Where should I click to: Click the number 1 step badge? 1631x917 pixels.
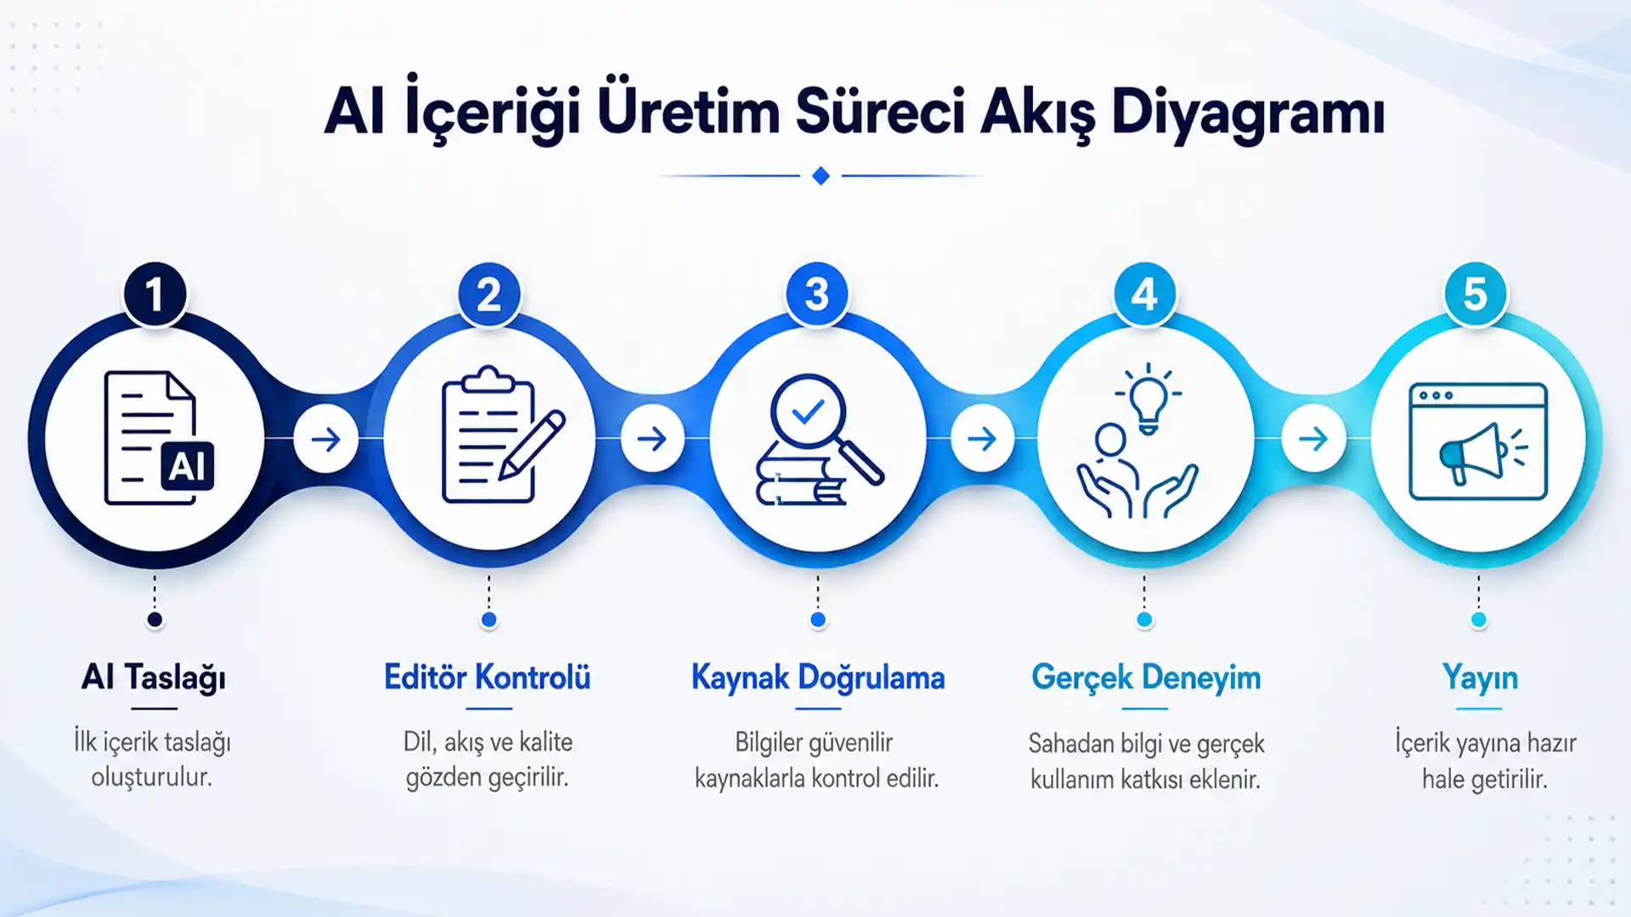pyautogui.click(x=155, y=294)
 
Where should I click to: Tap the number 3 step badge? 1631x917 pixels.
pyautogui.click(x=817, y=294)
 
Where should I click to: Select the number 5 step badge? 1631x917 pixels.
pyautogui.click(x=1476, y=294)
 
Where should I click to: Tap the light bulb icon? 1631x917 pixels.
pyautogui.click(x=1148, y=398)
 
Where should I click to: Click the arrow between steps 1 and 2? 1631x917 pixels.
pyautogui.click(x=325, y=439)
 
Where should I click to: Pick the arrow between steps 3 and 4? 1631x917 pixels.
pyautogui.click(x=982, y=439)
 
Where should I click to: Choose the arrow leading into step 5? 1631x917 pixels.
pyautogui.click(x=1313, y=439)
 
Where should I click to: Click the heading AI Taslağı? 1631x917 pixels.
pyautogui.click(x=154, y=678)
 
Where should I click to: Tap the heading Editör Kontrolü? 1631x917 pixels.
pyautogui.click(x=488, y=678)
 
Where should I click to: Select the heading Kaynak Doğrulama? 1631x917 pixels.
pyautogui.click(x=818, y=678)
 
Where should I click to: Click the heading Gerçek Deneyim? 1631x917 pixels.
pyautogui.click(x=1146, y=678)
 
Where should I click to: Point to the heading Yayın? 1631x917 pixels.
pyautogui.click(x=1481, y=678)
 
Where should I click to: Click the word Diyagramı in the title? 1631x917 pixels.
pyautogui.click(x=1248, y=113)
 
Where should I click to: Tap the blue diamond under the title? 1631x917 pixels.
pyautogui.click(x=821, y=176)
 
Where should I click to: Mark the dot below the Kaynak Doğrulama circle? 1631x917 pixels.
pyautogui.click(x=818, y=620)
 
